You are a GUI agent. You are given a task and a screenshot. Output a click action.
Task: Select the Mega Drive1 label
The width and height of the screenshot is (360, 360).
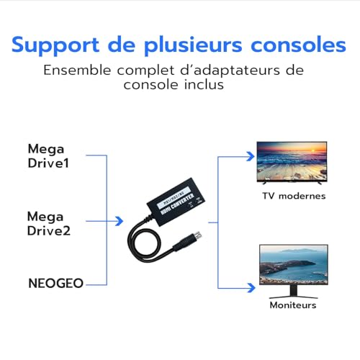coord(50,156)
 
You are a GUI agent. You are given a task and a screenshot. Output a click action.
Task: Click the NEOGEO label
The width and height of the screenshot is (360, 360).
coord(55,284)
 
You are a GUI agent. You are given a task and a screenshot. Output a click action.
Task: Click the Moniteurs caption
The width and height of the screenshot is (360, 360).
coord(292,305)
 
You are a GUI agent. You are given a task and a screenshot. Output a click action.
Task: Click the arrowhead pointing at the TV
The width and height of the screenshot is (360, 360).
coord(252,155)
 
